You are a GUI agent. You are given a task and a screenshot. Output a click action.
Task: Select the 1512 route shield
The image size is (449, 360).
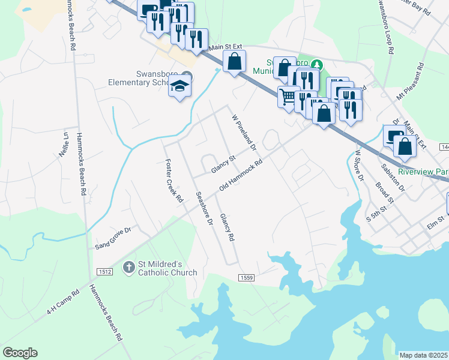[104, 272]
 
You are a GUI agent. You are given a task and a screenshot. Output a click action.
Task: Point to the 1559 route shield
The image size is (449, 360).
[247, 277]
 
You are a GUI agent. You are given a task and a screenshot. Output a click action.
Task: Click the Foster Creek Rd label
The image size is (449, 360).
[173, 179]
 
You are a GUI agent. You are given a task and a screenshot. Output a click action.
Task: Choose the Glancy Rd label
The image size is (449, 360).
[227, 227]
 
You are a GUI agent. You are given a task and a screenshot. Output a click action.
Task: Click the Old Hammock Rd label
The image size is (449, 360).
[241, 176]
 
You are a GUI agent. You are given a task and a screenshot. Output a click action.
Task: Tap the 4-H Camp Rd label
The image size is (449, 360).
[63, 304]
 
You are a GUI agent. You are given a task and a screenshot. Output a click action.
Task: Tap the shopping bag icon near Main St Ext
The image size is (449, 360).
[234, 61]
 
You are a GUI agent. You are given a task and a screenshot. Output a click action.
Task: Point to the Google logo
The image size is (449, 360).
[20, 353]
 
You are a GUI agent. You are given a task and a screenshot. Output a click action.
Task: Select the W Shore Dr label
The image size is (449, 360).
[358, 165]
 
